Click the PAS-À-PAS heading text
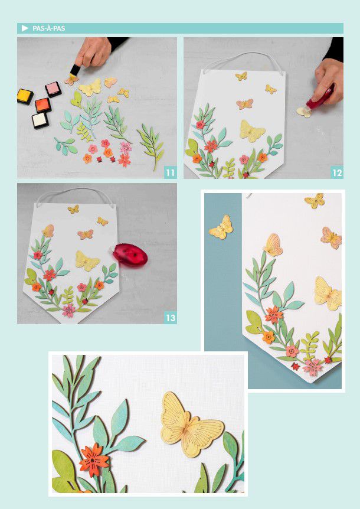48,28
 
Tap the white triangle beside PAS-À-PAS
25,28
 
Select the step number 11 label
171,172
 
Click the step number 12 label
337,172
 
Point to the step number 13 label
171,318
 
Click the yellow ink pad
25,96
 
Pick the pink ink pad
53,89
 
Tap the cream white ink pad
40,120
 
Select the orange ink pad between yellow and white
43,105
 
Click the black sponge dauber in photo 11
75,70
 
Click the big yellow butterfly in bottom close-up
191,425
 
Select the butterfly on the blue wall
221,227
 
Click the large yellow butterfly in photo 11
90,87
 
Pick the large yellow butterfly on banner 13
87,260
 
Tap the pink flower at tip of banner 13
69,310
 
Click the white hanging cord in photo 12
241,60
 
